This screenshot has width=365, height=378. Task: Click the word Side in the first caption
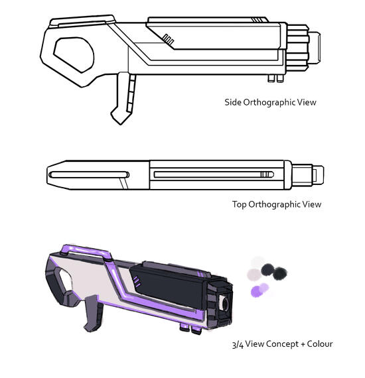click(232, 102)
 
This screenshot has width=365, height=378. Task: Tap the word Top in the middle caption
click(240, 204)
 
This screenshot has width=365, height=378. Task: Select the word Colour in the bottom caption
click(320, 344)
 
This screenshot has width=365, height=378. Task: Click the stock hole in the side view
click(74, 54)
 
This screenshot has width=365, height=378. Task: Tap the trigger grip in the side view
click(123, 98)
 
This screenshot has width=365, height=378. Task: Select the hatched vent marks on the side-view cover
click(168, 40)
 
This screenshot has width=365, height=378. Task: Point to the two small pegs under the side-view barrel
click(275, 78)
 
